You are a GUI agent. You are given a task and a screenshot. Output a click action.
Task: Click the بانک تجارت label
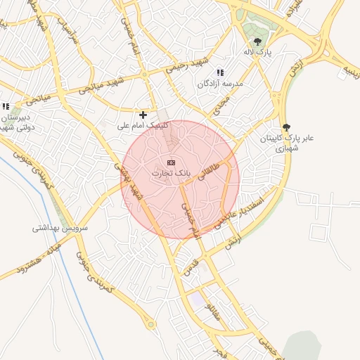[169, 172]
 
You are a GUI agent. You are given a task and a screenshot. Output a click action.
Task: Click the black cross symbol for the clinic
[143, 115]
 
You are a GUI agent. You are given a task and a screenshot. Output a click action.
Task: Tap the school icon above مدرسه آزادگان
[220, 72]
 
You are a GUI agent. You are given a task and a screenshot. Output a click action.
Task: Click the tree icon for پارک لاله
[257, 42]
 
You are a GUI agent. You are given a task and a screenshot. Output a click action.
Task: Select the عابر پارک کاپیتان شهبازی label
[285, 143]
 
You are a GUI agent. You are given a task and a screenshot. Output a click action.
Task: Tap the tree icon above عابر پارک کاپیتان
[285, 128]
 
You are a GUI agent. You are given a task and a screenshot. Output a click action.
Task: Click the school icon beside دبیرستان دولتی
[6, 106]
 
